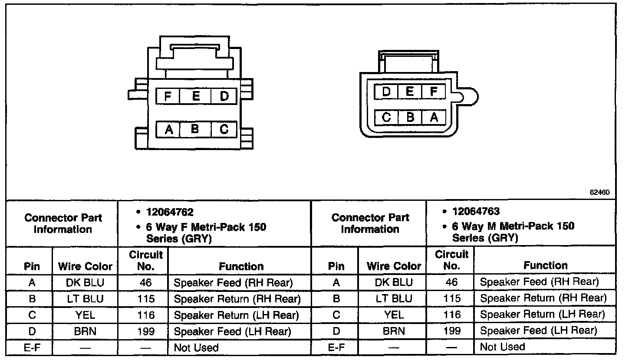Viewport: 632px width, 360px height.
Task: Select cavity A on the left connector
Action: (169, 129)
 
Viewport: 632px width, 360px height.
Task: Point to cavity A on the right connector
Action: (434, 117)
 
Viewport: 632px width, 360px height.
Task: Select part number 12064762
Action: (170, 212)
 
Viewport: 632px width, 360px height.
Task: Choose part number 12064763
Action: (476, 212)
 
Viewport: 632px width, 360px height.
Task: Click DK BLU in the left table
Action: (85, 283)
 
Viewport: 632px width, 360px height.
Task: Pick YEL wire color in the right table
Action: (394, 315)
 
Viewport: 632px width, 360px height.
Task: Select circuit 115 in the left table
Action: (145, 299)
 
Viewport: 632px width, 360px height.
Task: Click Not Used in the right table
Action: (503, 347)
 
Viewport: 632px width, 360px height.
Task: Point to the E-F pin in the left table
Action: (32, 347)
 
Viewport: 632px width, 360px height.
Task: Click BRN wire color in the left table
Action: (85, 332)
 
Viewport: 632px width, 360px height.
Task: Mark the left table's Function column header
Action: (241, 266)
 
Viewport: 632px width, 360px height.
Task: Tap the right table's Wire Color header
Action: (394, 266)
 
